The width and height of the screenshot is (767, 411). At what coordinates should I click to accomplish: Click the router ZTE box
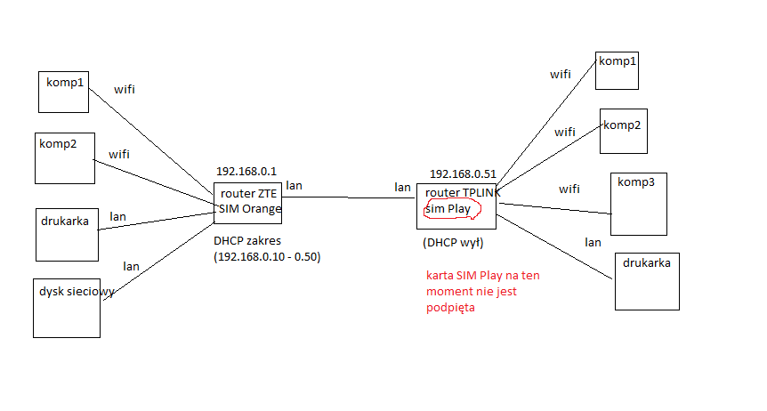248,203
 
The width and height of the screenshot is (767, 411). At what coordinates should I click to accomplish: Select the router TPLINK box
456,206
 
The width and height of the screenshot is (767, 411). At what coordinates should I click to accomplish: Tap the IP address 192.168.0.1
246,171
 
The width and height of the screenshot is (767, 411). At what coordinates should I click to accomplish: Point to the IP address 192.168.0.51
463,173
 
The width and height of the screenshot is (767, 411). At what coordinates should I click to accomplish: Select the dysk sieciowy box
67,308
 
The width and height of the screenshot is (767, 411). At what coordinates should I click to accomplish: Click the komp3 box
639,204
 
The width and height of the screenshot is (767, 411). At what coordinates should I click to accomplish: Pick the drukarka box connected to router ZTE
67,235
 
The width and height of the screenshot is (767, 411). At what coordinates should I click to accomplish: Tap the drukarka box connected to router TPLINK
647,281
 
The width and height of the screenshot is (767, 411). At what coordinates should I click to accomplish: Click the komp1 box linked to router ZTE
63,92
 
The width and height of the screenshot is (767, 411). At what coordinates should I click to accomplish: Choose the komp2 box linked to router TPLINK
624,131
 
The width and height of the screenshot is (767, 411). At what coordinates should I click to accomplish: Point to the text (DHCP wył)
453,243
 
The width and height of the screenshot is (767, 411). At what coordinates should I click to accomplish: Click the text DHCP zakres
247,241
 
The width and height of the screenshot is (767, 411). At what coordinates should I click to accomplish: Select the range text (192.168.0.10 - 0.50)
267,257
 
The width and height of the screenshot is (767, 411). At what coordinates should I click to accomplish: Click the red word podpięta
450,308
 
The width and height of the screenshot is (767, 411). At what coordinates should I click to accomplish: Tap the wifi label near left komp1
125,90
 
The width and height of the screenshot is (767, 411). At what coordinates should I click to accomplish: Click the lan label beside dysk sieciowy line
131,267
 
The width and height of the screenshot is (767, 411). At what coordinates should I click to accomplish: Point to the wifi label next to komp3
569,189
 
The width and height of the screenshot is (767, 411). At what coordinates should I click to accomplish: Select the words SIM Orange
250,209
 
